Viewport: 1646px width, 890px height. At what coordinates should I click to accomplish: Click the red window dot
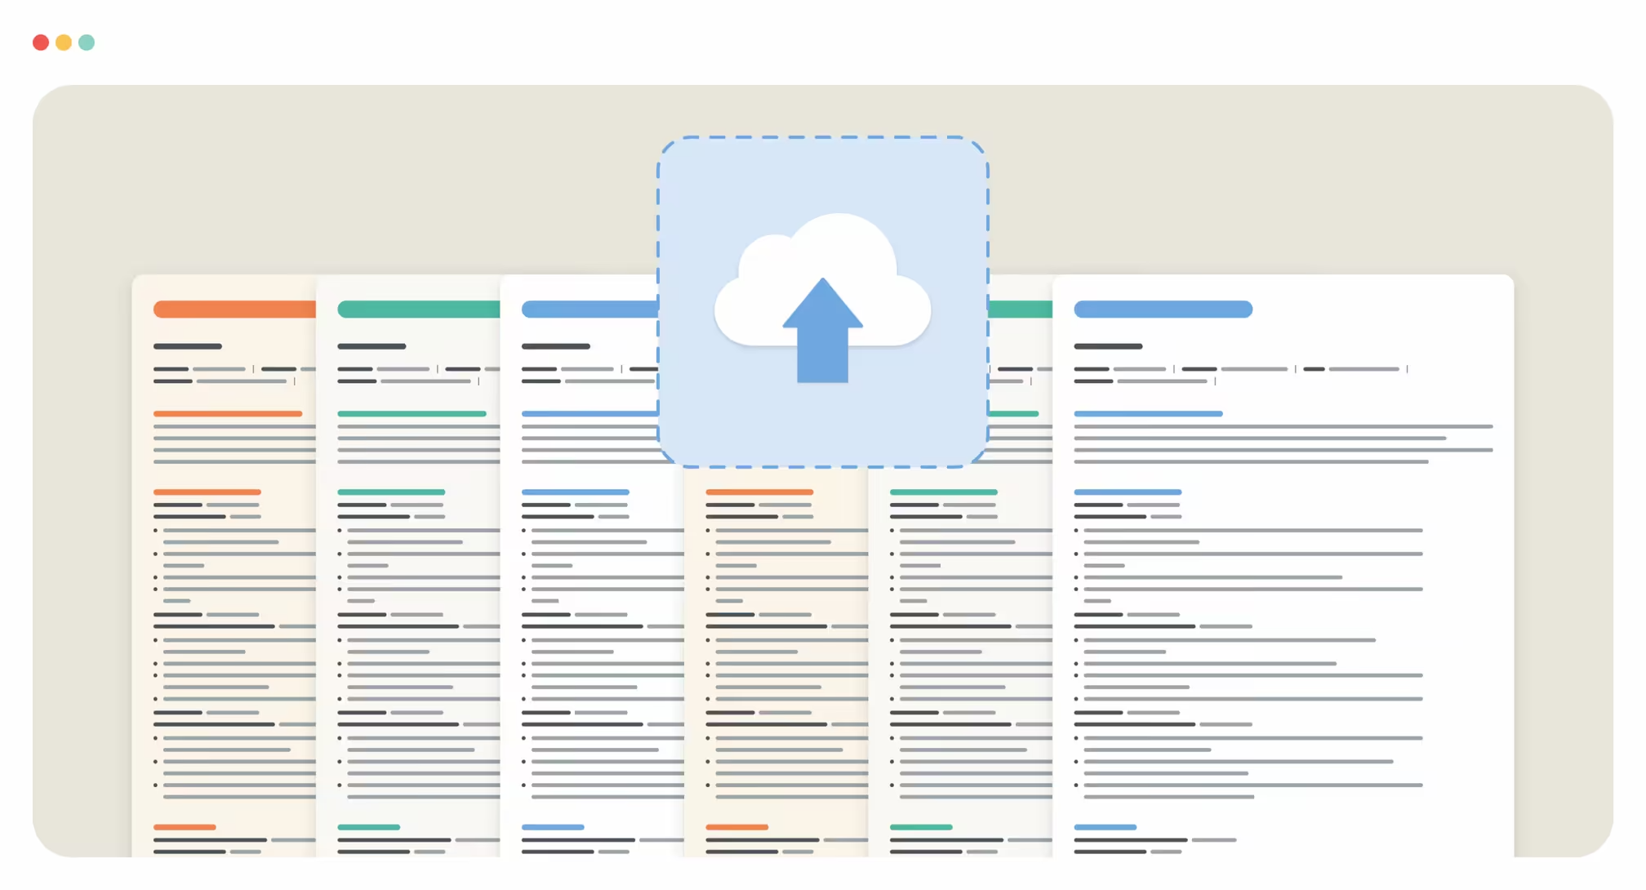click(x=41, y=42)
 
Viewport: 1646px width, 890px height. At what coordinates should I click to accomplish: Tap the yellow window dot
click(x=64, y=42)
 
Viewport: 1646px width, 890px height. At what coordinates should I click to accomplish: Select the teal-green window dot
click(x=87, y=42)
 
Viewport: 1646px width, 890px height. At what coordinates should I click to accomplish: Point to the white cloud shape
click(x=841, y=253)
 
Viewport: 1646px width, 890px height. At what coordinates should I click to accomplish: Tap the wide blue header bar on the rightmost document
click(x=1163, y=309)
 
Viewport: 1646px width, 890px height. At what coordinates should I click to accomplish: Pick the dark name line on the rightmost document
click(x=1108, y=346)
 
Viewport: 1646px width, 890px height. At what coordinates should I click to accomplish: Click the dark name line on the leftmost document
click(x=188, y=346)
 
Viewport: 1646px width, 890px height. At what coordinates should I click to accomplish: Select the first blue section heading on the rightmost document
click(x=1148, y=414)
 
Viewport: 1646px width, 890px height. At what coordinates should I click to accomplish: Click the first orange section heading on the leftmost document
click(x=228, y=414)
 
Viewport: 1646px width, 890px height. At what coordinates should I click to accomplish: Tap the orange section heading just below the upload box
click(x=759, y=492)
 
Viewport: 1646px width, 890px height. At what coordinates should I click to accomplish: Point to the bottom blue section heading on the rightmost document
click(x=1105, y=827)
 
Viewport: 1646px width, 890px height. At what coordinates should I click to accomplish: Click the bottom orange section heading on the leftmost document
click(x=185, y=827)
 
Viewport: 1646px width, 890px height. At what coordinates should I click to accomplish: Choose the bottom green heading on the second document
click(x=368, y=827)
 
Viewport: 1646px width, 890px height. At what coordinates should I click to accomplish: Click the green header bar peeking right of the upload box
click(x=1020, y=309)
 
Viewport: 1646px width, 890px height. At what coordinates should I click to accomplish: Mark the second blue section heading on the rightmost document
click(x=1128, y=492)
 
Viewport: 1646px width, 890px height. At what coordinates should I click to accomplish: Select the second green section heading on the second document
click(x=391, y=492)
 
